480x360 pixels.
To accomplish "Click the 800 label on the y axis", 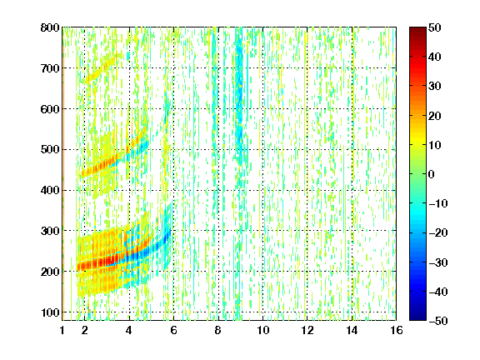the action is [x=50, y=27].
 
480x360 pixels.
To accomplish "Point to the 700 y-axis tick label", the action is [x=50, y=68].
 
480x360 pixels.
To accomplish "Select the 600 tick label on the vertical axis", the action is [x=50, y=109].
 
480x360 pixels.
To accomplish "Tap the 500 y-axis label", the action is [x=50, y=150].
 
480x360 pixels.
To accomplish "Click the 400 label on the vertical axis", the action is [x=50, y=190].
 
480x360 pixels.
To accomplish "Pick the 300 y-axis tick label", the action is [x=50, y=231].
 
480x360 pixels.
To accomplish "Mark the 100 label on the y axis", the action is [x=50, y=312].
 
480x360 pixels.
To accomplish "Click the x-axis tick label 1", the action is [x=62, y=330].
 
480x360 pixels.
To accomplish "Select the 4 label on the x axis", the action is [x=129, y=330].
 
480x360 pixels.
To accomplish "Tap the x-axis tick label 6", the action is [x=173, y=330].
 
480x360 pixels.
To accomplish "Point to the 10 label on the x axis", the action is [x=262, y=330].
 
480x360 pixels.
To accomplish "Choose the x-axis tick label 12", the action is [x=307, y=330].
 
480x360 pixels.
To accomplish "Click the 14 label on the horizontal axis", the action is [x=352, y=330].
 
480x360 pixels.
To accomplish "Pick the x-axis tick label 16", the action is [x=396, y=330].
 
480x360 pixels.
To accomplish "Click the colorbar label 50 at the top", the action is [x=434, y=27].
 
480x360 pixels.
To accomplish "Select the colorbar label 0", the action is [x=432, y=174].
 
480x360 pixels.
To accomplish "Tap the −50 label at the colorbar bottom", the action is [x=438, y=321].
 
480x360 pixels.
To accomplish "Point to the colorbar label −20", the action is [x=438, y=233].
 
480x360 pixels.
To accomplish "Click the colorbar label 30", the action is [x=434, y=87].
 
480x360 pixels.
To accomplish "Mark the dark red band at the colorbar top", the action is [x=417, y=33].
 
